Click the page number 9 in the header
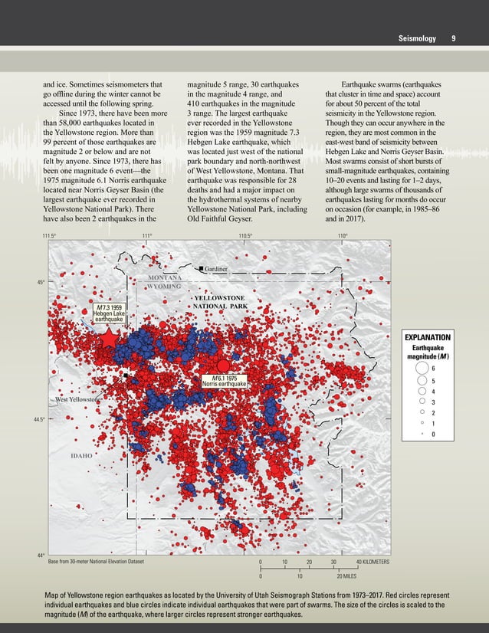coord(454,38)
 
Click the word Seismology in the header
coord(417,38)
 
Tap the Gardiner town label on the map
coord(218,268)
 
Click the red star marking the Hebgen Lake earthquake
coord(109,339)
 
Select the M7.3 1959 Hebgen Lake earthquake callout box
coord(107,313)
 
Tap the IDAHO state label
coord(81,455)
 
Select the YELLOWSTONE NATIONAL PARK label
coord(219,301)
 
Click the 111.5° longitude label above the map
coord(51,236)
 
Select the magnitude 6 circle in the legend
coord(422,369)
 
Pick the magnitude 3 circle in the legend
coord(422,400)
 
